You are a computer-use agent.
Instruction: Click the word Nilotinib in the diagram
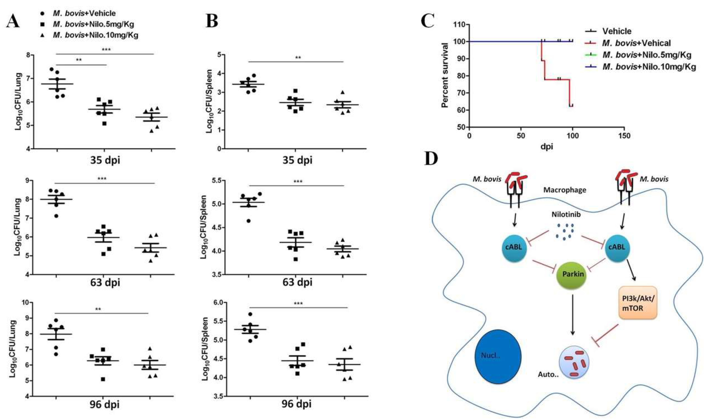566,215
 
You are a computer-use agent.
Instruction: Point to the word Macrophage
565,190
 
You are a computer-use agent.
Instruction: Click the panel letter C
428,20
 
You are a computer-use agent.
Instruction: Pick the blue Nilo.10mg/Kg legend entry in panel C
648,67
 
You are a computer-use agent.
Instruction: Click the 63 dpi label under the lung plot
105,282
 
